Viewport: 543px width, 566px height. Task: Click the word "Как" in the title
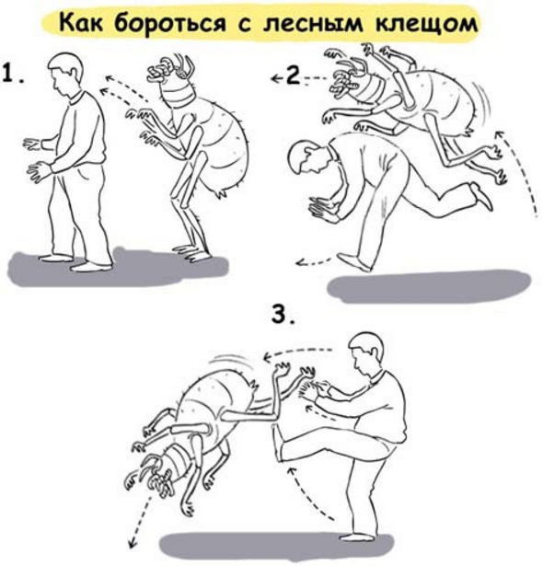pos(82,23)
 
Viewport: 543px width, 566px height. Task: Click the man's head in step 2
pos(306,159)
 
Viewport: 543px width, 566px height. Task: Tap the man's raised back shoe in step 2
pos(482,196)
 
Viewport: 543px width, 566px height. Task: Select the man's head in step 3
pos(364,352)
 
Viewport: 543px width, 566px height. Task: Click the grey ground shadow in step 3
pos(276,545)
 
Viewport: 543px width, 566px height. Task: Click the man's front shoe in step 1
pos(90,267)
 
